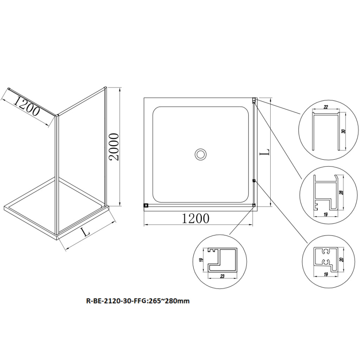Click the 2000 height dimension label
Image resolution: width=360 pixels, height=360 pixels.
coord(114,147)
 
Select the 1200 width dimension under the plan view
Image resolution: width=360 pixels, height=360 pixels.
coord(195,218)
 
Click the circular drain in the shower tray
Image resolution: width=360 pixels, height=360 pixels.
coord(201,154)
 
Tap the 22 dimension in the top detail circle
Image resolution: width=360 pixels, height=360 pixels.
coord(326,107)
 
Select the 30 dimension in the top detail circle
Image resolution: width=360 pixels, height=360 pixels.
coord(343,131)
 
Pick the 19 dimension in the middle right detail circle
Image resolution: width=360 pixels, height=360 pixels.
coord(325,214)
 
